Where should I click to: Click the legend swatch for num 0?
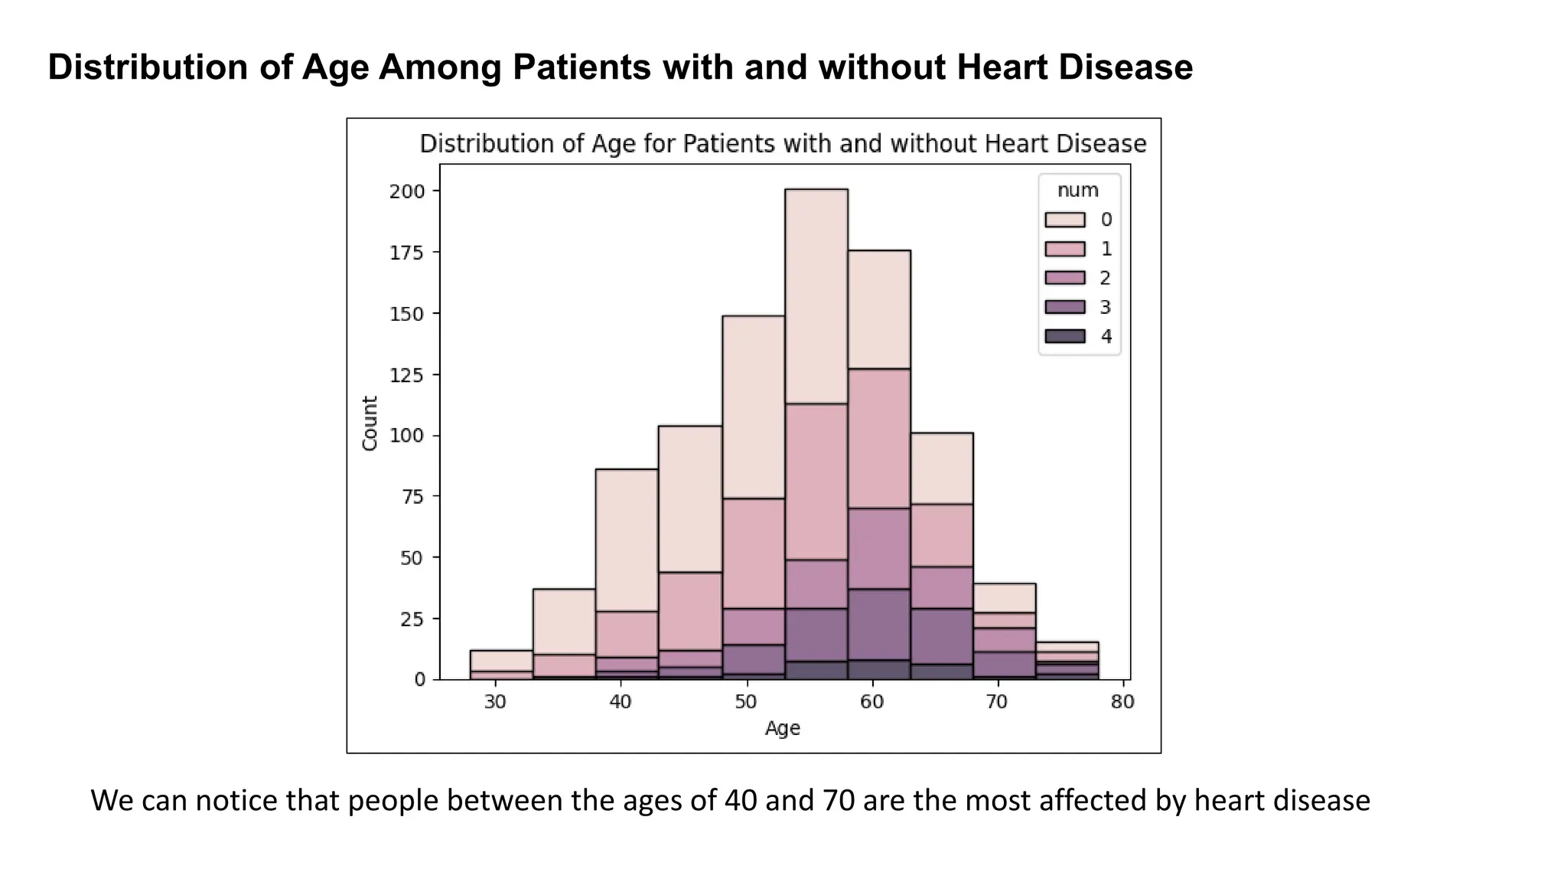pyautogui.click(x=1064, y=220)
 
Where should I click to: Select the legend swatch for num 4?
pyautogui.click(x=1064, y=336)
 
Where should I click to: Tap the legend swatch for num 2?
pyautogui.click(x=1064, y=278)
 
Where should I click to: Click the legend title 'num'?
pyautogui.click(x=1077, y=190)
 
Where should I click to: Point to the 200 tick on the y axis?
pyautogui.click(x=406, y=191)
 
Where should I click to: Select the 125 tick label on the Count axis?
pyautogui.click(x=406, y=375)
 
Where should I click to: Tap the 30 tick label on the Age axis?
pyautogui.click(x=495, y=702)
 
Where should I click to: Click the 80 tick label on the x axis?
pyautogui.click(x=1122, y=702)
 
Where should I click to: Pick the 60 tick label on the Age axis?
pyautogui.click(x=871, y=702)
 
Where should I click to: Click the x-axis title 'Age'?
pyautogui.click(x=782, y=728)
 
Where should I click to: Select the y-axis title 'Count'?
pyautogui.click(x=370, y=423)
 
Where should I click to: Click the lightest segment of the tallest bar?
pyautogui.click(x=816, y=296)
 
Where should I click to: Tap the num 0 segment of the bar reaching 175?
pyautogui.click(x=879, y=309)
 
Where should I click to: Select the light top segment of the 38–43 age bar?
pyautogui.click(x=627, y=540)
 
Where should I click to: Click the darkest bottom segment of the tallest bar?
pyautogui.click(x=816, y=670)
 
